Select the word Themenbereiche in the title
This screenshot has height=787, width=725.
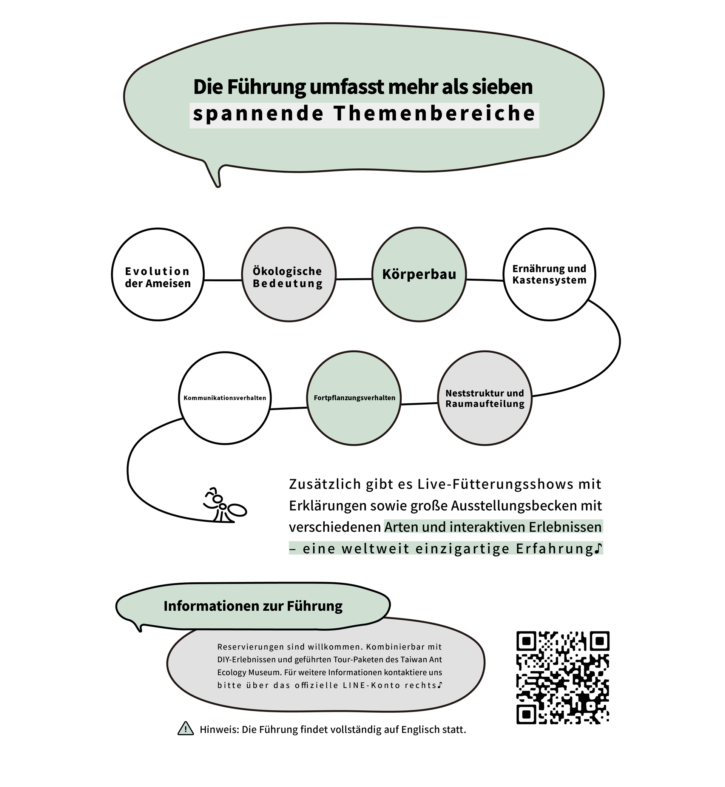coord(435,114)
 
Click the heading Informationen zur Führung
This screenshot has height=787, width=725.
coord(253,606)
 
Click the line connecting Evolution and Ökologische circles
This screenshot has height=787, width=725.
coord(223,280)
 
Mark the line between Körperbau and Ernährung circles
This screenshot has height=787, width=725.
coord(485,280)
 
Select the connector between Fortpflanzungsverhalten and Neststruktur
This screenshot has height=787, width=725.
coord(420,403)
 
